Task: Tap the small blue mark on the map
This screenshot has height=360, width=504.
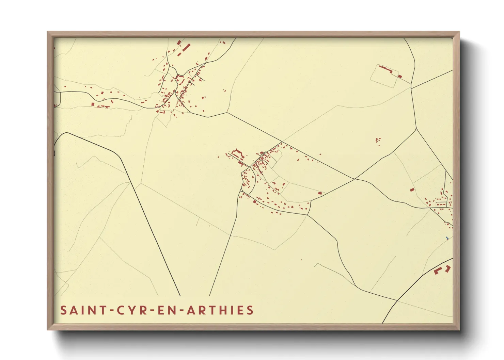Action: [447, 238]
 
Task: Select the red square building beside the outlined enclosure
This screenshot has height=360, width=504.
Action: [400, 77]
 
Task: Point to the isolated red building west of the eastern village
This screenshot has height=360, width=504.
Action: [412, 190]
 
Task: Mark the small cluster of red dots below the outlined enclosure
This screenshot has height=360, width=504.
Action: [378, 140]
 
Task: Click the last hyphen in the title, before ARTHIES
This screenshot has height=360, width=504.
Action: [182, 311]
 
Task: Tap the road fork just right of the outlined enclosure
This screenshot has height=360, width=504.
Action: [411, 88]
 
